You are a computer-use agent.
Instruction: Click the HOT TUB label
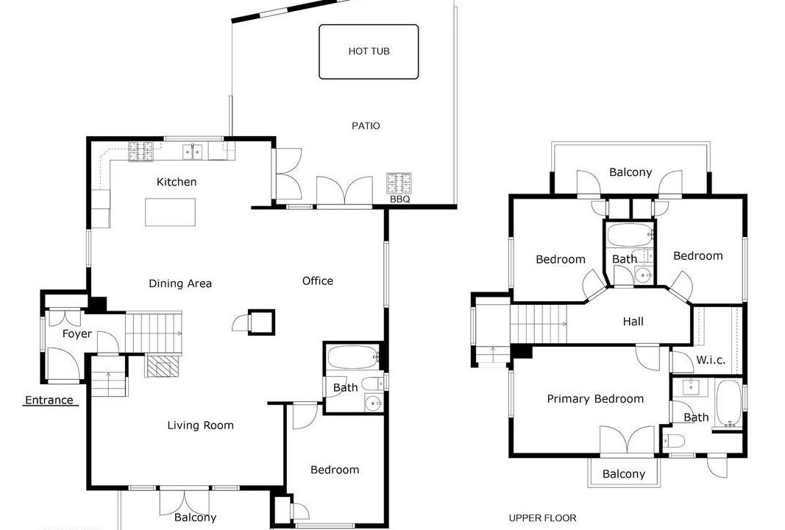369,51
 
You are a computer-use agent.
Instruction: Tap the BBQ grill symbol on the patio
399,183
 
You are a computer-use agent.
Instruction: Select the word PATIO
366,126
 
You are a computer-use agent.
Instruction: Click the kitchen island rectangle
170,213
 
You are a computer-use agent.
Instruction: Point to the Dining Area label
180,283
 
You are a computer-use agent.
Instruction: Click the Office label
318,281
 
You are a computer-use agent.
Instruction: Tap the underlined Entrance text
49,400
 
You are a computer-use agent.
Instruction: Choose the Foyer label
77,333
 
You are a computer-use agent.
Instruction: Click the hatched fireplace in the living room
162,365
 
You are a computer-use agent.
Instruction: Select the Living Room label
200,425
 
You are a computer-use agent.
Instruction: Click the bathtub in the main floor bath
352,358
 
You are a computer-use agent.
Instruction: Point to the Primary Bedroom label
595,399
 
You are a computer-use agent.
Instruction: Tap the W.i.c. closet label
711,360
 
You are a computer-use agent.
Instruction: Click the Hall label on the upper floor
633,322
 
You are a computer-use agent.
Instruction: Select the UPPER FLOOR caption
543,518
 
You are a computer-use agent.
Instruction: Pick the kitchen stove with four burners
141,152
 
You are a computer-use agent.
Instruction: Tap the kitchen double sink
193,152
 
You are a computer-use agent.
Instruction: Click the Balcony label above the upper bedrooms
631,172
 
